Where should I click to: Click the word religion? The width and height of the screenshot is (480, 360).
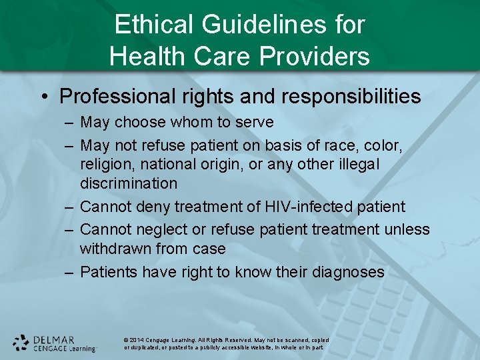(105, 163)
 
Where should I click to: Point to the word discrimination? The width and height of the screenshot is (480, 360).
(129, 183)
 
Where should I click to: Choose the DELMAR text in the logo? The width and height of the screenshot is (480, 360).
(53, 339)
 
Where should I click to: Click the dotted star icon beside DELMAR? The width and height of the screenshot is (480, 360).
(21, 343)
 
